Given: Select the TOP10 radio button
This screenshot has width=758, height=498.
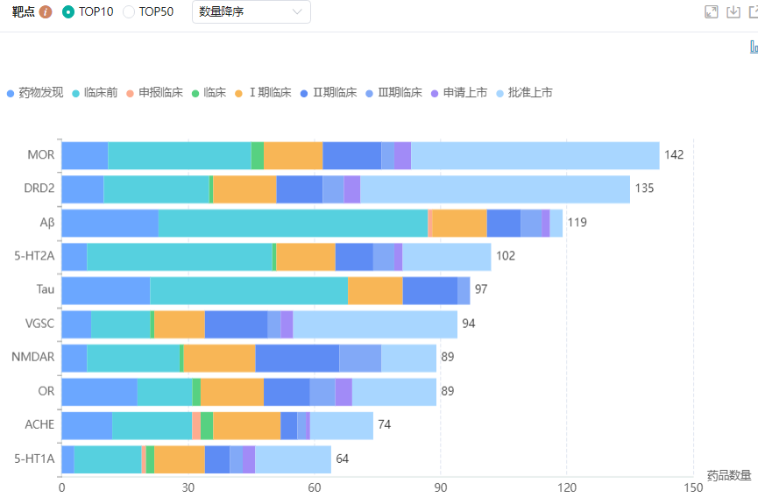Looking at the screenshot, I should tap(68, 11).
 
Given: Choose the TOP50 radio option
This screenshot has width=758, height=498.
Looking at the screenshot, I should tap(129, 11).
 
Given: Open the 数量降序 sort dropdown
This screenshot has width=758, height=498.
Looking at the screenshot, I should tap(251, 11).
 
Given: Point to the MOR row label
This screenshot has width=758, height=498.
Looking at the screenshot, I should tap(41, 155).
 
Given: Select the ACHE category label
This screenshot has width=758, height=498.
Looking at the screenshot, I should tap(39, 424).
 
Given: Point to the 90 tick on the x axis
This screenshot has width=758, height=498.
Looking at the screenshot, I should tap(441, 487).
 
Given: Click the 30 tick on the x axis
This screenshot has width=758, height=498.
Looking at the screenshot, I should tap(188, 487).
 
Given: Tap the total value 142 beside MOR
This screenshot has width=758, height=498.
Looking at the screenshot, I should tap(674, 155).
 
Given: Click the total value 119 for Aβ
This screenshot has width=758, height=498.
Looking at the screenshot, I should tap(577, 223).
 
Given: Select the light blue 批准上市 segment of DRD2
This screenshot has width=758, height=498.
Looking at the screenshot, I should tap(495, 189).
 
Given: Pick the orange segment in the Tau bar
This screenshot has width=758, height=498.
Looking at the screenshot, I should tap(375, 290).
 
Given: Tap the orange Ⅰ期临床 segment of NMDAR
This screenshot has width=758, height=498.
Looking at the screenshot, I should tap(219, 358).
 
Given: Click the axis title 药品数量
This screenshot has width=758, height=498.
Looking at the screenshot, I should tap(729, 475).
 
